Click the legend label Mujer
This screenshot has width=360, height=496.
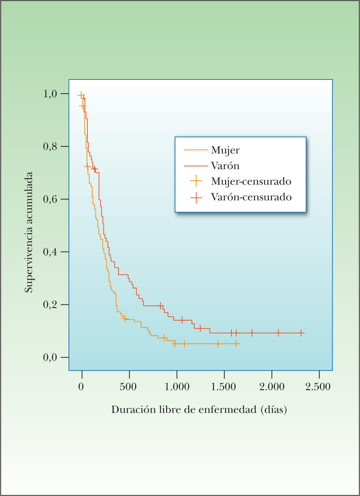(x=225, y=150)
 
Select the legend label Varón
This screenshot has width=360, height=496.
(x=225, y=166)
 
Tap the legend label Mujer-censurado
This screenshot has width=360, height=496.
(x=251, y=181)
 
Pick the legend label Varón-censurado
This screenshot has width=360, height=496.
(x=251, y=197)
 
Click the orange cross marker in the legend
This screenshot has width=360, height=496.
(x=196, y=181)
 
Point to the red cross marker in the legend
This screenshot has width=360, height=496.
(x=196, y=197)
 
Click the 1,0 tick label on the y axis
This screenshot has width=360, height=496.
(x=50, y=93)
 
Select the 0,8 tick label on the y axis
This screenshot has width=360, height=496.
(x=50, y=146)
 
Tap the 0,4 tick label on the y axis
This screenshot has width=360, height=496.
(x=50, y=252)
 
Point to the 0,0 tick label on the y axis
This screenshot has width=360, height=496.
(x=50, y=357)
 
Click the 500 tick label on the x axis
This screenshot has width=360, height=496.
(x=128, y=387)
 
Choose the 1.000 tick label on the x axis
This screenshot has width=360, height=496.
(x=177, y=387)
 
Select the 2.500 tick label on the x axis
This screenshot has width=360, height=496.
(x=318, y=387)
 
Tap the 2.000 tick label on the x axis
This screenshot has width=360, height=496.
(x=271, y=387)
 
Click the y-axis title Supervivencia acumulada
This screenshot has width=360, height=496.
(x=29, y=232)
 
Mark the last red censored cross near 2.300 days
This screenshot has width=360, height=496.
(x=301, y=333)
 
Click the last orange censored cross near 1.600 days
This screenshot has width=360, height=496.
(x=236, y=344)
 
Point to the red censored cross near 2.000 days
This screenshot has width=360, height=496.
(x=278, y=333)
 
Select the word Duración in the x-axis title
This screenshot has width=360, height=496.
(x=133, y=409)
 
